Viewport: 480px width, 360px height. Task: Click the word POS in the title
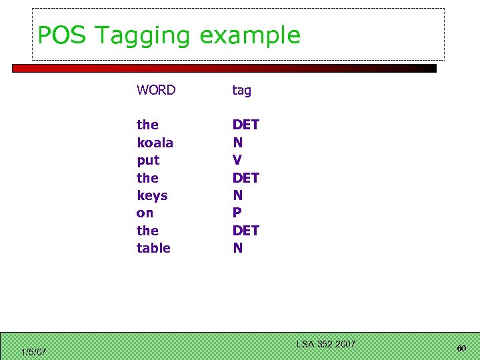tap(61, 35)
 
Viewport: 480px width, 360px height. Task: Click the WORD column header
tap(156, 90)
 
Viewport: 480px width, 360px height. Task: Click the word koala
tap(155, 143)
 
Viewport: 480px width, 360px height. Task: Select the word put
tap(148, 161)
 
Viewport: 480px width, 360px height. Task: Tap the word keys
tap(152, 195)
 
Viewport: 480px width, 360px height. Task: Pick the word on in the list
tap(145, 213)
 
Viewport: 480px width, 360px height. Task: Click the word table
tap(153, 248)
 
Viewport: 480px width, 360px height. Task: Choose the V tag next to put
tap(237, 160)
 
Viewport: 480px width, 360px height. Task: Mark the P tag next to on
tap(237, 213)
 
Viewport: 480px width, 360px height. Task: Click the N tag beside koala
tap(237, 143)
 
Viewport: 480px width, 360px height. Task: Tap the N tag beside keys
tap(237, 195)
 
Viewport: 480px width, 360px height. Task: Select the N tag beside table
tap(237, 248)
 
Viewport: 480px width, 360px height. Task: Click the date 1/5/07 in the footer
tap(33, 351)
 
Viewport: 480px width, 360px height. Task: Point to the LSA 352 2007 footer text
tap(325, 344)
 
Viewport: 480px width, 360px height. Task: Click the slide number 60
tap(461, 349)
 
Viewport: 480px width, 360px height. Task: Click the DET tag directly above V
tap(245, 125)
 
